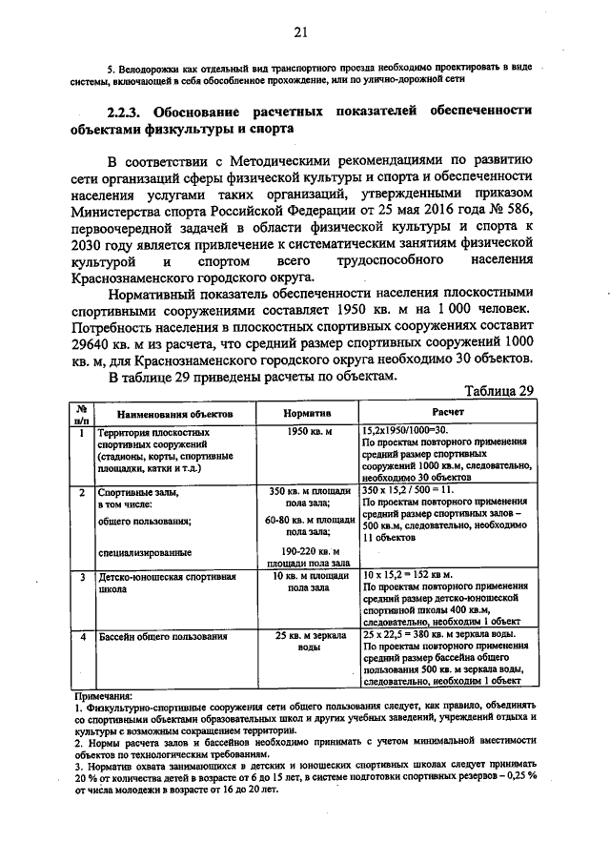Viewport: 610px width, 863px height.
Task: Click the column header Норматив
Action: [307, 415]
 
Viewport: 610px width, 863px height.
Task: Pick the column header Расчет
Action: [448, 415]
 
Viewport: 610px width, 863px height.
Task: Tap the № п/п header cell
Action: [82, 414]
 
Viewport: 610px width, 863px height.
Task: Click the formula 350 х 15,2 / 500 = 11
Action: [411, 490]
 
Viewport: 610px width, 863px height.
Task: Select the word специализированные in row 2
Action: [144, 551]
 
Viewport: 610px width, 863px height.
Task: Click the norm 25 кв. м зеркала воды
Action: [307, 641]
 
